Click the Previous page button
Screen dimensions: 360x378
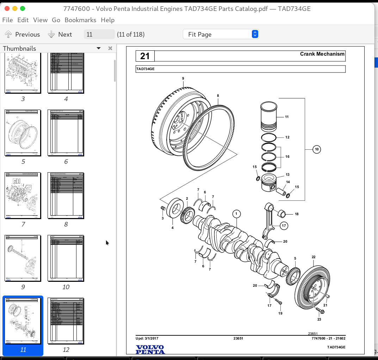point(23,34)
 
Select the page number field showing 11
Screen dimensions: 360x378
point(99,34)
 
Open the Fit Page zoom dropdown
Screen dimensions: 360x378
point(221,34)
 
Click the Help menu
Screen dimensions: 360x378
point(107,20)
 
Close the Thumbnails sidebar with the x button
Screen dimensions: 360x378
point(110,49)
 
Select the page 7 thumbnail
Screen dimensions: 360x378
point(23,195)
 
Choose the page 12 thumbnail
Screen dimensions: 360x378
point(66,321)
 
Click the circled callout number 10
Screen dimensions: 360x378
point(317,149)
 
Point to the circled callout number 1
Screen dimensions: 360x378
point(236,214)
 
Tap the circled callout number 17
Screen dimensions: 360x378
point(284,225)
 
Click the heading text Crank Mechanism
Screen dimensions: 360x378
point(322,54)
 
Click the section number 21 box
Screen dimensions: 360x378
point(145,56)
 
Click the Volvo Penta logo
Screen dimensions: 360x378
point(150,349)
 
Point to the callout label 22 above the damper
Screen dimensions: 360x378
point(313,257)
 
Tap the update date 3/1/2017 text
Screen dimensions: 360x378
point(147,339)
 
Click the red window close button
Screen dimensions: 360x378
point(6,8)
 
